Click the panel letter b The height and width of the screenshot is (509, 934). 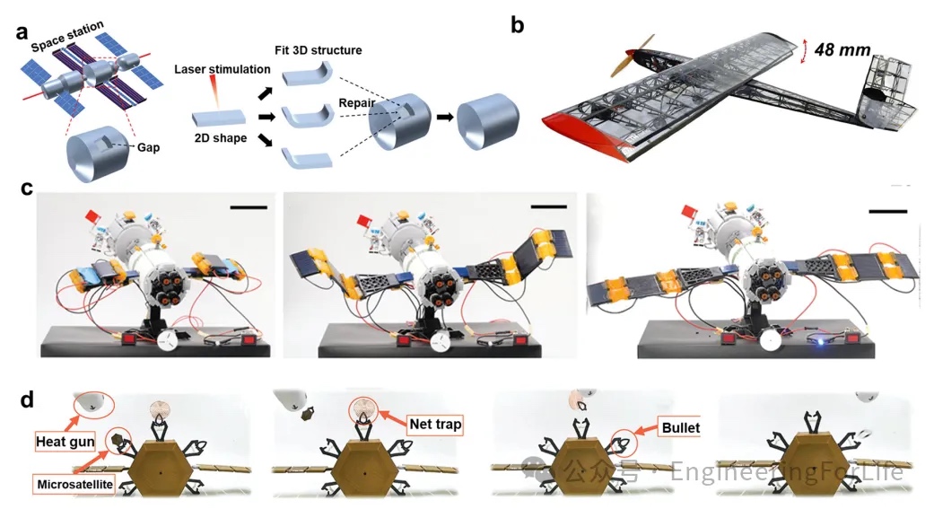point(517,24)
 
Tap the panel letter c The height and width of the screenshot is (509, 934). point(27,189)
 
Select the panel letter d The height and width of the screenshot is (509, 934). point(27,397)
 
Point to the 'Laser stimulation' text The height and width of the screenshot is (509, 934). point(222,69)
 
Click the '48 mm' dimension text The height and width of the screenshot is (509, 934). point(841,51)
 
